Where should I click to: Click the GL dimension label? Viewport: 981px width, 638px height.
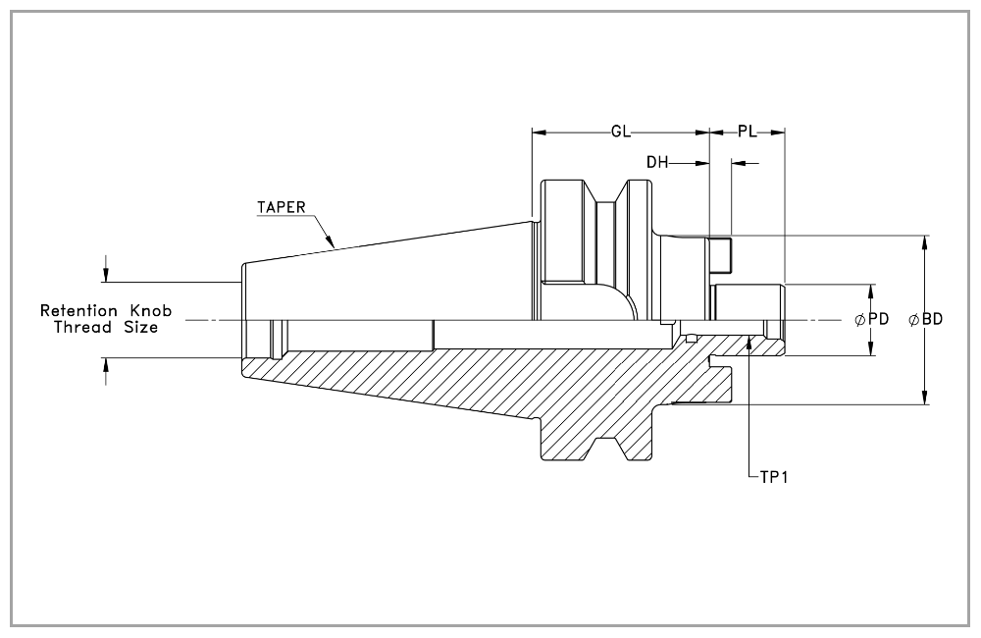point(621,132)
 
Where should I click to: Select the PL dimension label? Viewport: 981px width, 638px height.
point(747,132)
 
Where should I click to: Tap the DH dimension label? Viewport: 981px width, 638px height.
point(657,163)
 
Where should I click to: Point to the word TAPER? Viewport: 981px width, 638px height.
point(282,207)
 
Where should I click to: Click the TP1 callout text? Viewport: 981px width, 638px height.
point(774,477)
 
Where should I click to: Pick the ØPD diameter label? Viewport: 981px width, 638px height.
point(872,319)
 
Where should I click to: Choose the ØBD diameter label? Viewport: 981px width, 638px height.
point(925,319)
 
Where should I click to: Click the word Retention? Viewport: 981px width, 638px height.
point(78,310)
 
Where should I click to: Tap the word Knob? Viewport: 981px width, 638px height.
point(150,310)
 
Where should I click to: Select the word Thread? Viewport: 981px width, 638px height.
point(82,327)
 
